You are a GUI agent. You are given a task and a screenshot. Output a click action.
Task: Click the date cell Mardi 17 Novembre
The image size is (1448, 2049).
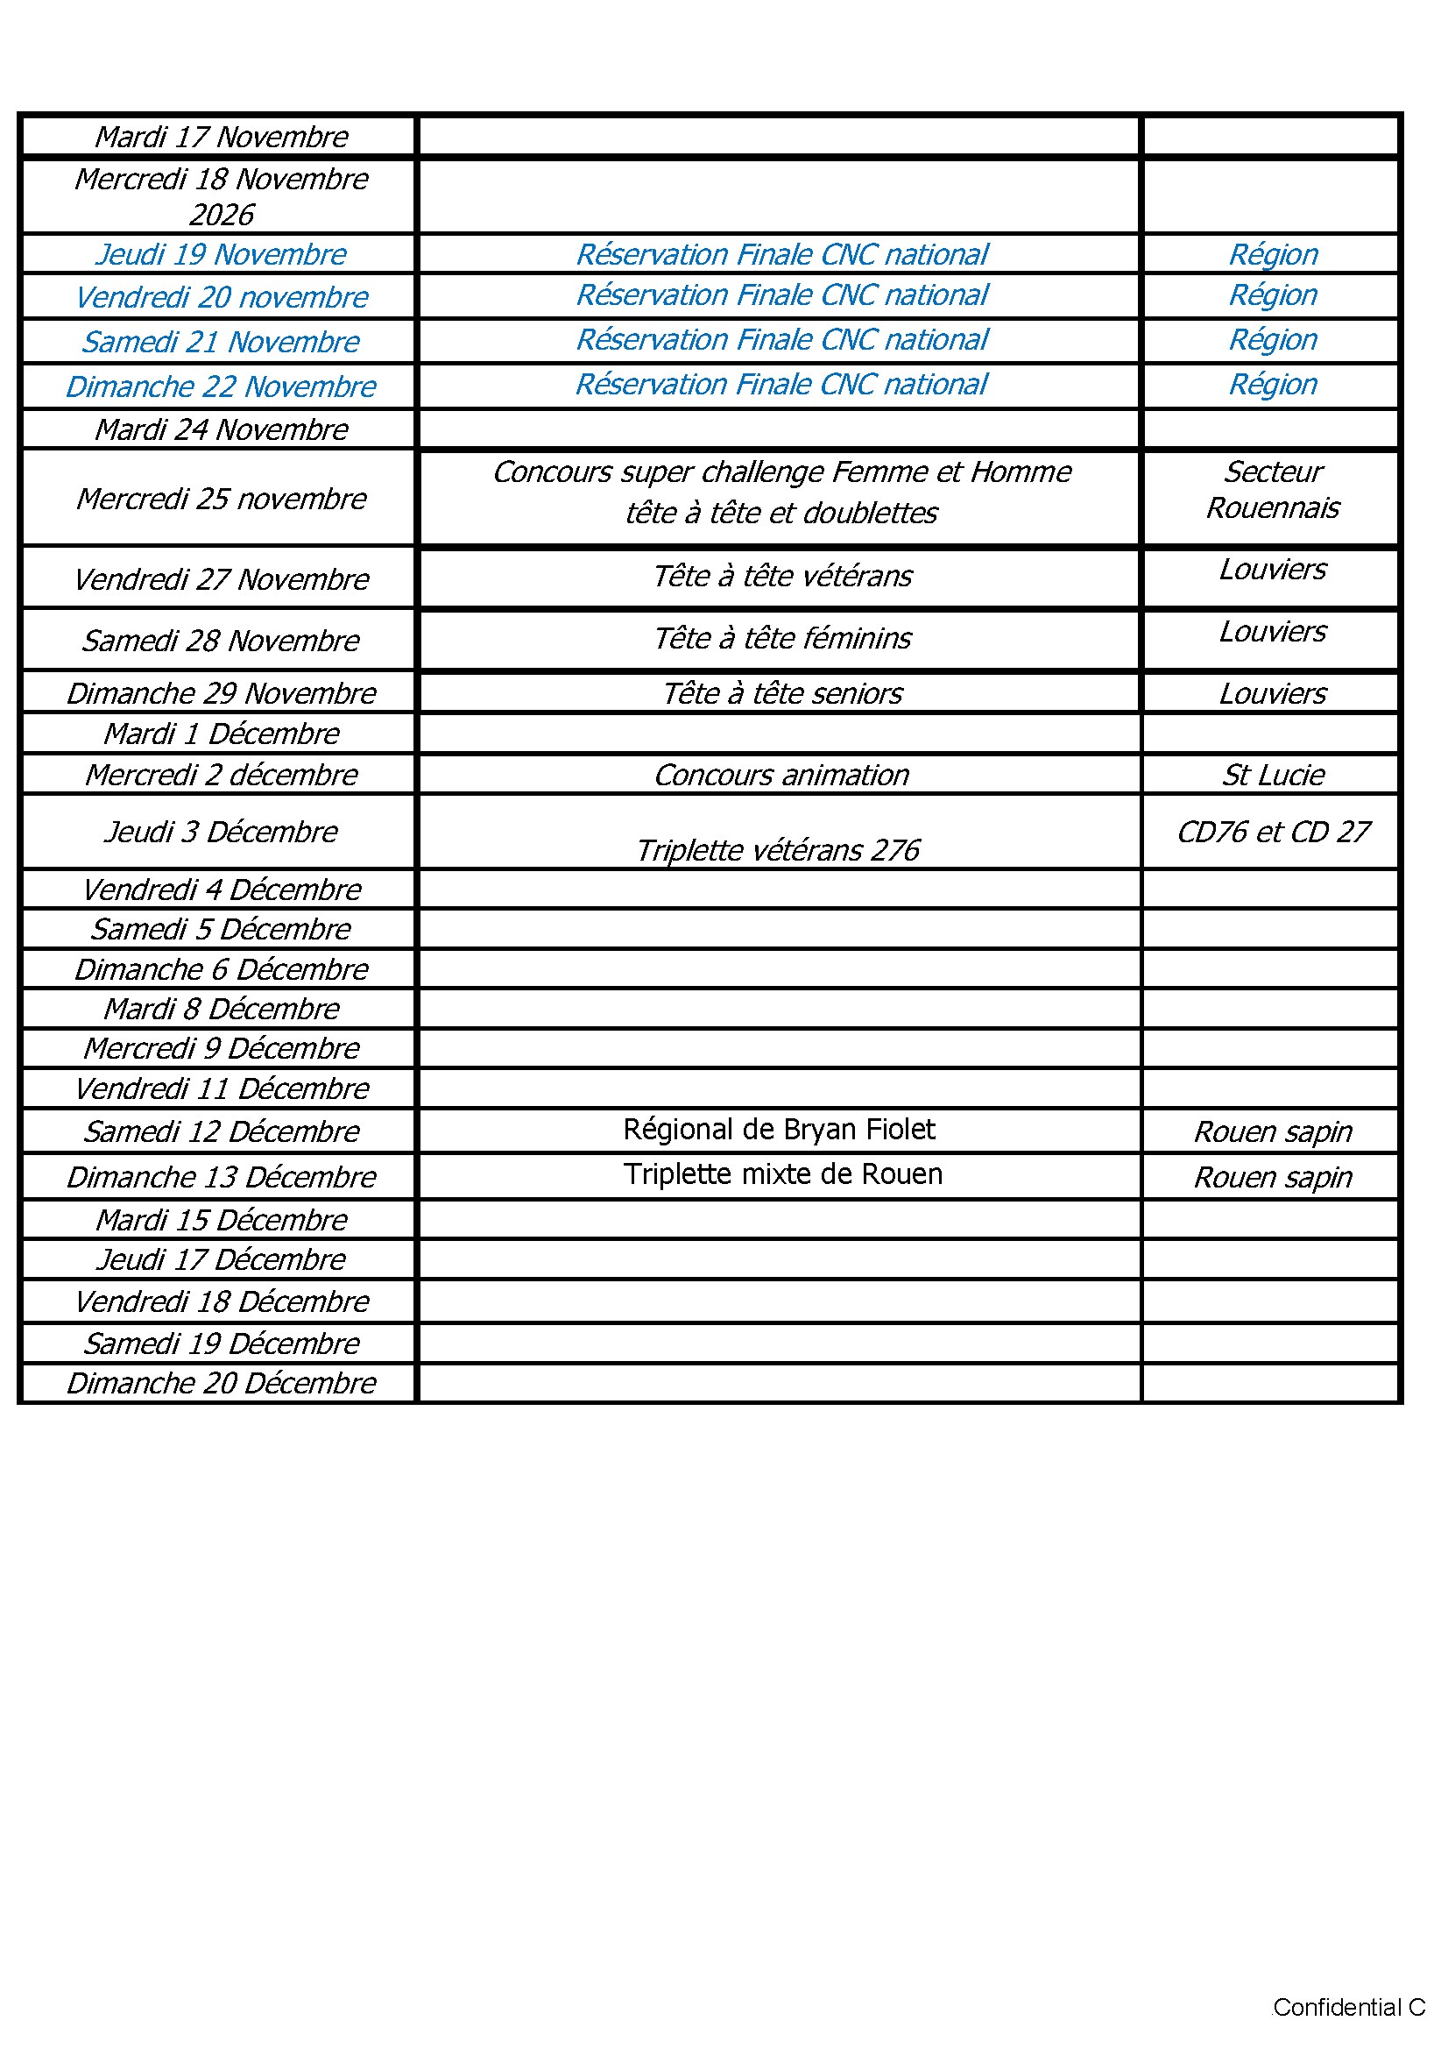(222, 137)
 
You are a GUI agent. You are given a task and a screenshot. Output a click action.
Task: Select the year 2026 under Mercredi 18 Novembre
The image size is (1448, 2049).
(222, 215)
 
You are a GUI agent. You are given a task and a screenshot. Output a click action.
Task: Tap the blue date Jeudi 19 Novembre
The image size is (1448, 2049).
(222, 254)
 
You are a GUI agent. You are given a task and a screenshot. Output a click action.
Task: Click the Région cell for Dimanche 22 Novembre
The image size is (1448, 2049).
(1272, 385)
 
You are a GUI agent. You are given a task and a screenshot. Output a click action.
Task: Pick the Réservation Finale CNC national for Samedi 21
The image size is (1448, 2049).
(781, 340)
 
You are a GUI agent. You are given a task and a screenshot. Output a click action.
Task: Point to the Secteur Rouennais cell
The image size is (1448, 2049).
(1272, 490)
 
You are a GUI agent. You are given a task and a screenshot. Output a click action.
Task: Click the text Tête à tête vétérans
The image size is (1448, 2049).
(781, 577)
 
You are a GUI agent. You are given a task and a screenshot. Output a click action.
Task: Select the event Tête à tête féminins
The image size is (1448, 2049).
(781, 639)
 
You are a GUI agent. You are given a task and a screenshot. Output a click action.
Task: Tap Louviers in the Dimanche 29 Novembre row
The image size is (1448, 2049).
(1272, 693)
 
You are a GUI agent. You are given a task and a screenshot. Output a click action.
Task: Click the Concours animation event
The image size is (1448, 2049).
(781, 775)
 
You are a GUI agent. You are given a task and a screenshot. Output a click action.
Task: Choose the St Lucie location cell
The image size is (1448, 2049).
(1272, 775)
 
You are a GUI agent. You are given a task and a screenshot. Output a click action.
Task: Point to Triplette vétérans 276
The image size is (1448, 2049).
(777, 850)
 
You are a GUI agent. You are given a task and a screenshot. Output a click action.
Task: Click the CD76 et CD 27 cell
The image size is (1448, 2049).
(1272, 832)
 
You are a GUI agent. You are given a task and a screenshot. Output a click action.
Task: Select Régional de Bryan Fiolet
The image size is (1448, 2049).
(779, 1130)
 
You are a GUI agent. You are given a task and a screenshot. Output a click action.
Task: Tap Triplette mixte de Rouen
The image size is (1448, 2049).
(782, 1174)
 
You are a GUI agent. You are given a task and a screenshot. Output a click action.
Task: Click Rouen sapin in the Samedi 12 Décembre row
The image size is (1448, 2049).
(1272, 1131)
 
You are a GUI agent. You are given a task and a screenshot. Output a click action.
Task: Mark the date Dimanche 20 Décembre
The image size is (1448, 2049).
(222, 1383)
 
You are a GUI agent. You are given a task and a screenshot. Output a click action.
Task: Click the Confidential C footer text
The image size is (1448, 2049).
(1348, 2007)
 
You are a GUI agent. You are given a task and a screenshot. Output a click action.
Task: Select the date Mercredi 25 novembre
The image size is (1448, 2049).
(222, 499)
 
